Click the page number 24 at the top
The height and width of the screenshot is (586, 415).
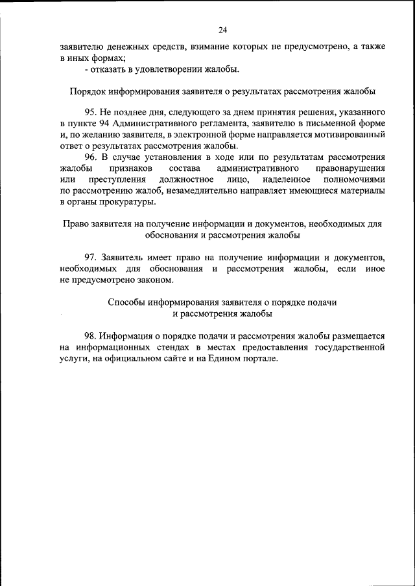222,30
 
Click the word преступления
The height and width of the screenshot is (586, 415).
113,179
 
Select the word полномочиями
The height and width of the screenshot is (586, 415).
357,179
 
